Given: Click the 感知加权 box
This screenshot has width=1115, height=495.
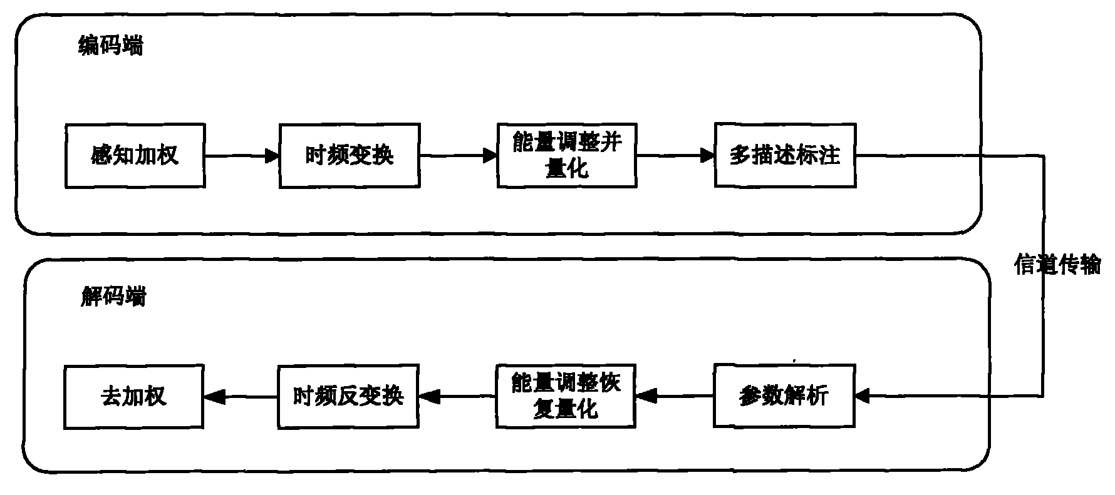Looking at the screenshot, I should [x=135, y=155].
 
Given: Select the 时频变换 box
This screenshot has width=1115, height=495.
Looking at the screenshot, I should [x=349, y=155].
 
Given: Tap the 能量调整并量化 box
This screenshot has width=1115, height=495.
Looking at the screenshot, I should [x=567, y=155].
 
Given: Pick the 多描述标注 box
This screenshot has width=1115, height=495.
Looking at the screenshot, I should [x=785, y=155].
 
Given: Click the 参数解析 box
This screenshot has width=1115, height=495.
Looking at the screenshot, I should [x=784, y=395].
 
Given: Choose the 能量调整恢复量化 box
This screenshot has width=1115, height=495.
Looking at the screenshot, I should [x=566, y=395].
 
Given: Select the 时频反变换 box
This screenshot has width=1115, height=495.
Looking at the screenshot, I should [x=348, y=395].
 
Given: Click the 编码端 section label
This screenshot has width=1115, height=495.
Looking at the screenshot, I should [x=110, y=46].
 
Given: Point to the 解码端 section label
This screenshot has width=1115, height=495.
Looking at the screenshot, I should [x=113, y=296].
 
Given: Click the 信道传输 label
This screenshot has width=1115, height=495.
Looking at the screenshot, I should [x=1057, y=265].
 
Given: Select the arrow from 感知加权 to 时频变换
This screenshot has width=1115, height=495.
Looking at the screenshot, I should [x=242, y=155].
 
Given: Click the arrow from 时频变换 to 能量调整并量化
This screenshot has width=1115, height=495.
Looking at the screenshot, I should [x=458, y=155].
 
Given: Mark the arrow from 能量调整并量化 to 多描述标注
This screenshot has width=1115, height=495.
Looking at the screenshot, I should [x=675, y=155].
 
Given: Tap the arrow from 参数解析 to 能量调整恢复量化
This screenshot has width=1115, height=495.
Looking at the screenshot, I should [x=675, y=395].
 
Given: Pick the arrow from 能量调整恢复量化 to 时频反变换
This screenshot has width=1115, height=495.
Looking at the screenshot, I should [x=457, y=395].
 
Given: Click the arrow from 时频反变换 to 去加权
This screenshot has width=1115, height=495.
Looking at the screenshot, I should [x=241, y=395].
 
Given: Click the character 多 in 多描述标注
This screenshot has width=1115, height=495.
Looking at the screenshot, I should [x=740, y=155].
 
